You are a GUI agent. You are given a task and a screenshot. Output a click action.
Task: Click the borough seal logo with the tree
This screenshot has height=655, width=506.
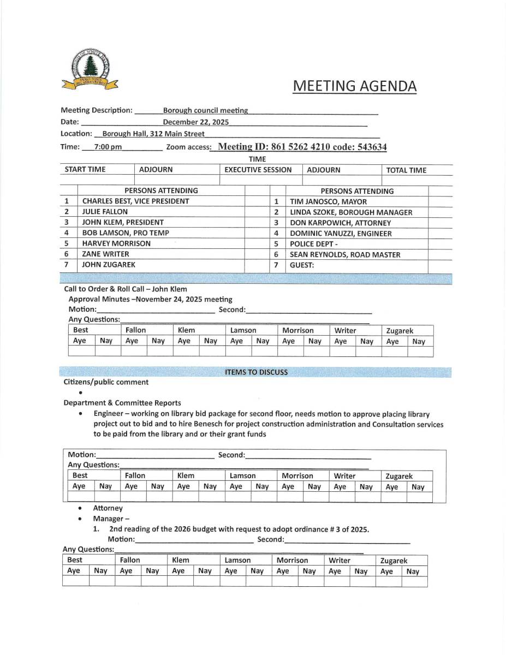click(90, 69)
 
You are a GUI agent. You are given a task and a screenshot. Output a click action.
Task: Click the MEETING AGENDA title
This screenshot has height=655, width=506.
click(354, 86)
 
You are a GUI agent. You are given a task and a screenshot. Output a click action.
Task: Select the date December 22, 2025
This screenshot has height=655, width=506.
click(195, 122)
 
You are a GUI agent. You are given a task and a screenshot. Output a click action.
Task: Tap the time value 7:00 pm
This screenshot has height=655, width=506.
click(108, 147)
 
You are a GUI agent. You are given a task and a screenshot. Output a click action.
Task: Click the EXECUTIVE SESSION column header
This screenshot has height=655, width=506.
click(258, 170)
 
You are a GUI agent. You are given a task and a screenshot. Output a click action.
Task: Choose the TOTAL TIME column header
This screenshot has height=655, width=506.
click(406, 170)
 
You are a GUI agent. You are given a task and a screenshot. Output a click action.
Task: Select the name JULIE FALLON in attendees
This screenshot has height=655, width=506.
click(105, 212)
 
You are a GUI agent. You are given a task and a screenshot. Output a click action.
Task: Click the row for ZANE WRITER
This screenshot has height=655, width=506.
click(105, 254)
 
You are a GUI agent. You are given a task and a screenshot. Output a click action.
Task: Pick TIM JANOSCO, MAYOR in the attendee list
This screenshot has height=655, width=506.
click(328, 201)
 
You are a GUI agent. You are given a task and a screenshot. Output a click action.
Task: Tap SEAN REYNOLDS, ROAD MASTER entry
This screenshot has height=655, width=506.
click(345, 254)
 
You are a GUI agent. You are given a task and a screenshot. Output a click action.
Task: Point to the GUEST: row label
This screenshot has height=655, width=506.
click(302, 265)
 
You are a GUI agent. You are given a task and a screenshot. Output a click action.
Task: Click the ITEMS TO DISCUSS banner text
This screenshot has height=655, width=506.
click(256, 372)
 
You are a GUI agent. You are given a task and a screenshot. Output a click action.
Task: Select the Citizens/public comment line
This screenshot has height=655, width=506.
click(106, 382)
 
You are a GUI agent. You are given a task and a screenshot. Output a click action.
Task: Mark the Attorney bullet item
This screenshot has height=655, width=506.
click(108, 508)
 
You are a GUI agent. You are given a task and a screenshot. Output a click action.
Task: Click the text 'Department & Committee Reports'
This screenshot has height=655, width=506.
click(122, 403)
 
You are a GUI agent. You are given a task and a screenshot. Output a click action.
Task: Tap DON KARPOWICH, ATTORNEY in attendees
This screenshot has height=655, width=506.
click(340, 223)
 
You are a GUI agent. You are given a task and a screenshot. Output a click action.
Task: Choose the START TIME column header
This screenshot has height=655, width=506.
click(85, 170)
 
